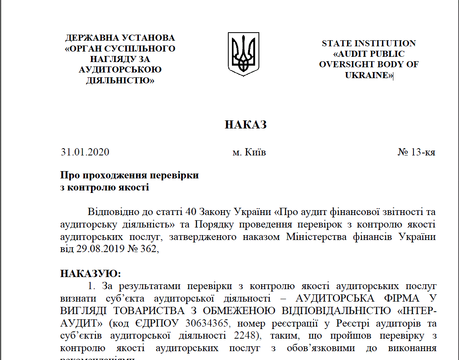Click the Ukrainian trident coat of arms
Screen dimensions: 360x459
point(244,54)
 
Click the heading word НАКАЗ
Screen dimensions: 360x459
point(246,125)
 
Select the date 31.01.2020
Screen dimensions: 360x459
point(85,153)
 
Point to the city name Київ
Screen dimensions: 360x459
point(255,153)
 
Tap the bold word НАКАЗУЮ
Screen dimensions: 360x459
point(89,274)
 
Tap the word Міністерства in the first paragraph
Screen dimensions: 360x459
point(312,237)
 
